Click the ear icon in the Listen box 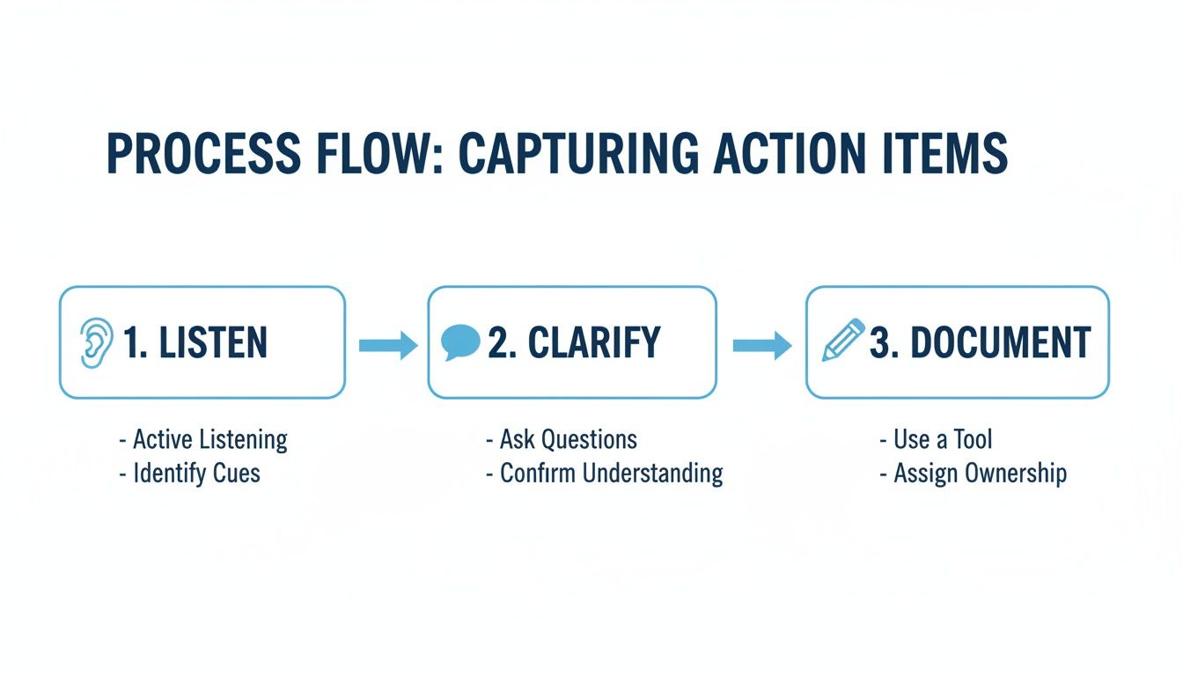point(92,342)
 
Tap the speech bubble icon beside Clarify point(460,342)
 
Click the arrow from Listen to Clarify point(387,345)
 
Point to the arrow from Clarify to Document point(762,345)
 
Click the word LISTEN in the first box point(214,342)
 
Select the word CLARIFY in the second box point(594,342)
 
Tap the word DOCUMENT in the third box point(1001,342)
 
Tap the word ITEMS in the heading point(951,153)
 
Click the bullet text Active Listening point(209,439)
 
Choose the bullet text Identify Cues point(196,474)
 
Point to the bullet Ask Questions point(568,439)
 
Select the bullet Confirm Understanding point(611,474)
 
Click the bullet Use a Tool point(943,439)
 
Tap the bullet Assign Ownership point(980,474)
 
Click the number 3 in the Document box point(879,342)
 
